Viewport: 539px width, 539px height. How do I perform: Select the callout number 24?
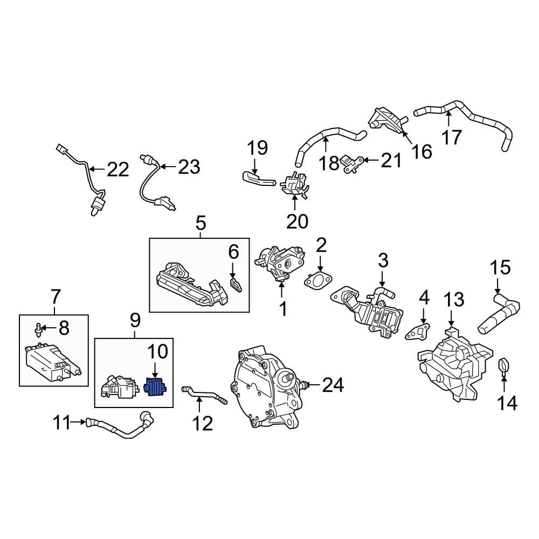pyautogui.click(x=333, y=385)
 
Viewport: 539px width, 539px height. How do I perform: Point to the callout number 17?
pyautogui.click(x=452, y=137)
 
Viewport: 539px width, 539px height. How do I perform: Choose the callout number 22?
pyautogui.click(x=118, y=170)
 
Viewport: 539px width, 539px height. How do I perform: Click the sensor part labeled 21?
pyautogui.click(x=351, y=162)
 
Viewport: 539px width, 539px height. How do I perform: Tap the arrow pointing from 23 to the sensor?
pyautogui.click(x=167, y=167)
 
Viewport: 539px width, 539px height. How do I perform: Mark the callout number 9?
pyautogui.click(x=134, y=321)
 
